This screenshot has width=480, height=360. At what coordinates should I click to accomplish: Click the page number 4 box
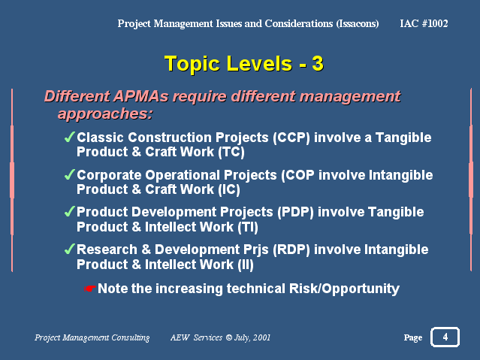pyautogui.click(x=445, y=337)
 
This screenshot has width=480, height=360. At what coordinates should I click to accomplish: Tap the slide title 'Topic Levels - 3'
pyautogui.click(x=244, y=64)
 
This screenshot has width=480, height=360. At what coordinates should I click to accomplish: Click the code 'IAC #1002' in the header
pyautogui.click(x=424, y=23)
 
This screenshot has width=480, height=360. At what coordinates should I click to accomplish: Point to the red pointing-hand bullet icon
pyautogui.click(x=90, y=289)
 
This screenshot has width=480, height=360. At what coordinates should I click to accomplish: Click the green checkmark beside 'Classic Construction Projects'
pyautogui.click(x=70, y=137)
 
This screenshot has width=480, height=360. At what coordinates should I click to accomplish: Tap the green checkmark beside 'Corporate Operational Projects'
pyautogui.click(x=70, y=174)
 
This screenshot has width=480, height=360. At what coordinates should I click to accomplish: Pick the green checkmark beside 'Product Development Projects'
pyautogui.click(x=70, y=211)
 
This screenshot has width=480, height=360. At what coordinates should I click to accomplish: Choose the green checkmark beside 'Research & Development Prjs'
pyautogui.click(x=70, y=249)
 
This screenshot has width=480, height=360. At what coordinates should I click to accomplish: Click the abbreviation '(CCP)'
pyautogui.click(x=291, y=138)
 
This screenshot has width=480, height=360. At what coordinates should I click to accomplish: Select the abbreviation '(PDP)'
pyautogui.click(x=295, y=212)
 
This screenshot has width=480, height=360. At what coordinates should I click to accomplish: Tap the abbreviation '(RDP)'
pyautogui.click(x=291, y=250)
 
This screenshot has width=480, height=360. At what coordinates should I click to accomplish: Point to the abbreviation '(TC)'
pyautogui.click(x=231, y=152)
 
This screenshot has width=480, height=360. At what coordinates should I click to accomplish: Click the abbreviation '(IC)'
pyautogui.click(x=229, y=189)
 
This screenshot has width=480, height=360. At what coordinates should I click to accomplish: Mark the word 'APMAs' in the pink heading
pyautogui.click(x=140, y=96)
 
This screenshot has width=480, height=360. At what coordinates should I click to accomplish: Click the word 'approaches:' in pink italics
pyautogui.click(x=105, y=114)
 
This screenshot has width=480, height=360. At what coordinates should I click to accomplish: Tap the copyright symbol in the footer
pyautogui.click(x=229, y=337)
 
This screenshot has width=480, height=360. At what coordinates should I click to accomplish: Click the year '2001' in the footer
pyautogui.click(x=261, y=337)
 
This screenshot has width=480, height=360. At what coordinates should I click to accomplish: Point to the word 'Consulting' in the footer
pyautogui.click(x=131, y=337)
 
